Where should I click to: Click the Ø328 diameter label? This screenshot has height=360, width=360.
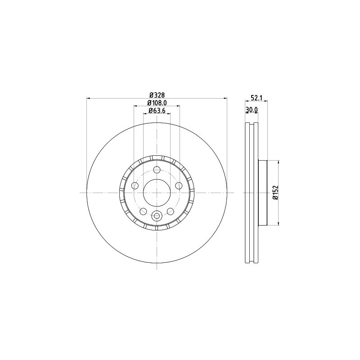pyautogui.click(x=157, y=94)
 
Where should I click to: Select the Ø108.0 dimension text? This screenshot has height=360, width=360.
pyautogui.click(x=157, y=103)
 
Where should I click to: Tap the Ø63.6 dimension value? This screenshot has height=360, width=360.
pyautogui.click(x=157, y=110)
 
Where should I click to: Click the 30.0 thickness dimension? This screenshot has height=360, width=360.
pyautogui.click(x=251, y=110)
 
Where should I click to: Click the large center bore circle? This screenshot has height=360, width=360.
pyautogui.click(x=157, y=193)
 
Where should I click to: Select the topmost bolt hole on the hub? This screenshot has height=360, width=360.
pyautogui.click(x=157, y=170)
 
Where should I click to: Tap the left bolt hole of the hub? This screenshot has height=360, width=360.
pyautogui.click(x=135, y=185)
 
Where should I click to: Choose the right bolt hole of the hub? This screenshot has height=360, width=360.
pyautogui.click(x=179, y=185)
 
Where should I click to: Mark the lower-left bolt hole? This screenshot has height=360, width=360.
pyautogui.click(x=143, y=211)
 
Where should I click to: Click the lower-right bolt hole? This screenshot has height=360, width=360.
pyautogui.click(x=170, y=211)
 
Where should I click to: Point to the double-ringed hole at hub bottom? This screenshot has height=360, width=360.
pyautogui.click(x=157, y=216)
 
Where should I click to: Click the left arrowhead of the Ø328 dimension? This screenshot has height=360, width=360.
pyautogui.click(x=88, y=98)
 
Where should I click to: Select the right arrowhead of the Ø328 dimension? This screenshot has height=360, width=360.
pyautogui.click(x=225, y=98)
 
